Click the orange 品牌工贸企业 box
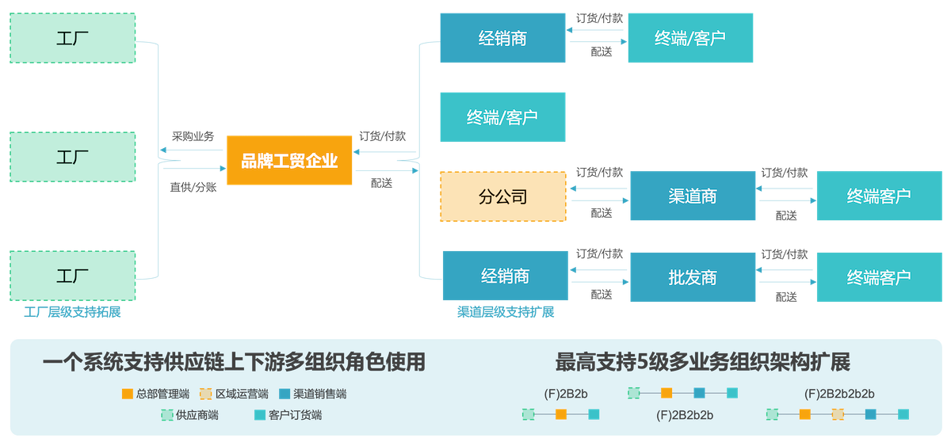(x=289, y=162)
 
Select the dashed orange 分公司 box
(x=503, y=196)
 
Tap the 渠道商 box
(x=693, y=196)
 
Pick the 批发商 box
(x=693, y=276)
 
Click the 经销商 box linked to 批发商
(x=505, y=276)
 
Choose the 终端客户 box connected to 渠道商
(x=878, y=196)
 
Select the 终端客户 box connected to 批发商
(x=878, y=276)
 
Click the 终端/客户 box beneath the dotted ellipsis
(x=502, y=117)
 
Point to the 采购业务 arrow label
(x=193, y=136)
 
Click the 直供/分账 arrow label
(x=193, y=187)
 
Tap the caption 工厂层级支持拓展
(x=73, y=312)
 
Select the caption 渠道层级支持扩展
(x=505, y=312)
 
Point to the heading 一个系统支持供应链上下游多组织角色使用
(x=234, y=363)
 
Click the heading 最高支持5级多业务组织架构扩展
(x=702, y=363)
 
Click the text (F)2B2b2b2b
(x=838, y=394)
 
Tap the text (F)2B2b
(x=566, y=393)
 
